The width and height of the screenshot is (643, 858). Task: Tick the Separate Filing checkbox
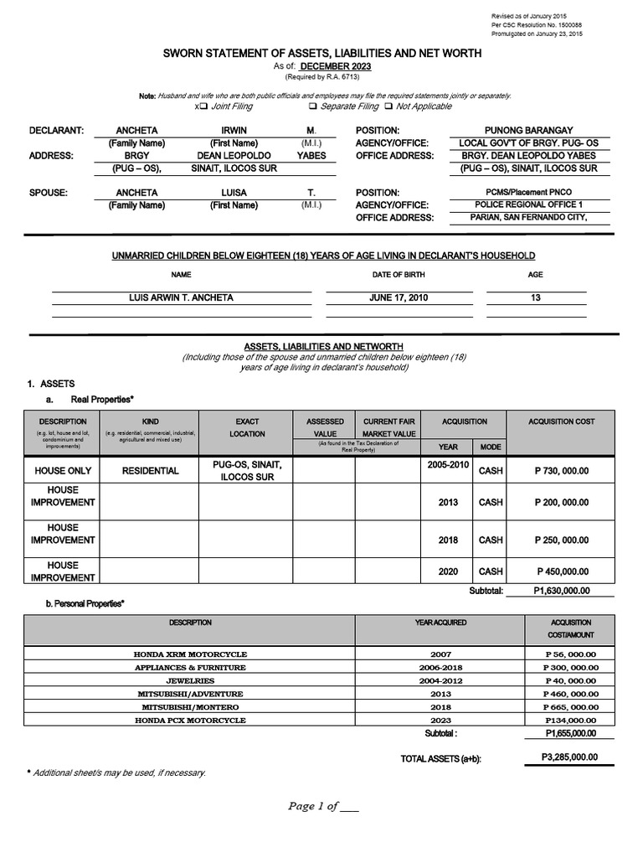click(x=312, y=107)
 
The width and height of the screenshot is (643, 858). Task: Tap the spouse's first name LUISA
click(x=234, y=193)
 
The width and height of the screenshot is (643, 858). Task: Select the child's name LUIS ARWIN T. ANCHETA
click(x=181, y=298)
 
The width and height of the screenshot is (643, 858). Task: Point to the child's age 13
click(x=535, y=298)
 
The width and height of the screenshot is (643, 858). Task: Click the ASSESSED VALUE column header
click(x=325, y=427)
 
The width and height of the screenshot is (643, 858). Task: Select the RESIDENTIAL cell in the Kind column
click(x=151, y=471)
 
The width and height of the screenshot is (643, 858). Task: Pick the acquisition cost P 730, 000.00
click(x=562, y=471)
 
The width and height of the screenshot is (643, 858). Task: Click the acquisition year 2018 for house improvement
click(x=448, y=540)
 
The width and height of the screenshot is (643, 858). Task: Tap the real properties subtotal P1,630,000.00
click(x=562, y=591)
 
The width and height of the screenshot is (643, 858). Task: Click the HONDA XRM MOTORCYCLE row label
click(x=190, y=654)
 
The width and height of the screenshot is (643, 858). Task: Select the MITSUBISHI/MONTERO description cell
click(x=190, y=707)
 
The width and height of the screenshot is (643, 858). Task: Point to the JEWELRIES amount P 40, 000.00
click(x=571, y=680)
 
